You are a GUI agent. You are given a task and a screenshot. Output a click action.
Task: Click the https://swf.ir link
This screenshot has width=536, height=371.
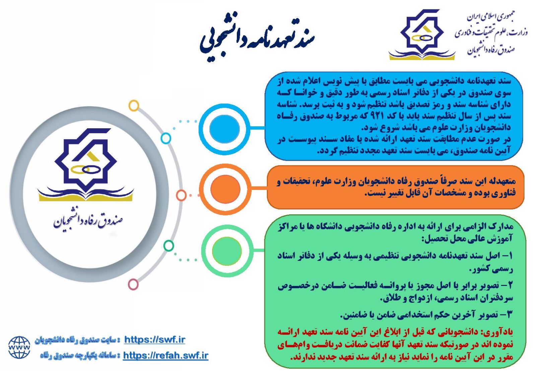[154, 340]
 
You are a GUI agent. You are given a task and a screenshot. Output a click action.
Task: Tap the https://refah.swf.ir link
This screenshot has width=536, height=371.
[165, 356]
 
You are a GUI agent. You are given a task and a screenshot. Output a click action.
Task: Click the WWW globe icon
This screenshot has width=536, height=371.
[19, 348]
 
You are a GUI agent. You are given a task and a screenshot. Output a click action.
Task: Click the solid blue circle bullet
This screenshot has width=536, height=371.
[224, 129]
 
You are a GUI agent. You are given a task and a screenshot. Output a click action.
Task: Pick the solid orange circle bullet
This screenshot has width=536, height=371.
[225, 189]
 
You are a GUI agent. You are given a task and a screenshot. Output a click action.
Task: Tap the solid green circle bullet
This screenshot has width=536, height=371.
[226, 251]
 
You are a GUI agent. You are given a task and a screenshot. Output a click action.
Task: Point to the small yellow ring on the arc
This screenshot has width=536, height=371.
[134, 105]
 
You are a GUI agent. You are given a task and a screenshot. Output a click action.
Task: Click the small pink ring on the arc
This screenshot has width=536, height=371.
[133, 284]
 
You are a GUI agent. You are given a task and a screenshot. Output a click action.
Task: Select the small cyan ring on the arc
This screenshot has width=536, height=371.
[166, 138]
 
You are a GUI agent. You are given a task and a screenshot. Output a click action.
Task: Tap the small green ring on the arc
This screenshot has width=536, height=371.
[169, 246]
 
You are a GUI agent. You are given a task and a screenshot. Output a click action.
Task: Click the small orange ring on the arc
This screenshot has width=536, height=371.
[181, 195]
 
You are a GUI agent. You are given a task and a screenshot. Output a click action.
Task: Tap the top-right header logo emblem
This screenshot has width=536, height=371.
[422, 35]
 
